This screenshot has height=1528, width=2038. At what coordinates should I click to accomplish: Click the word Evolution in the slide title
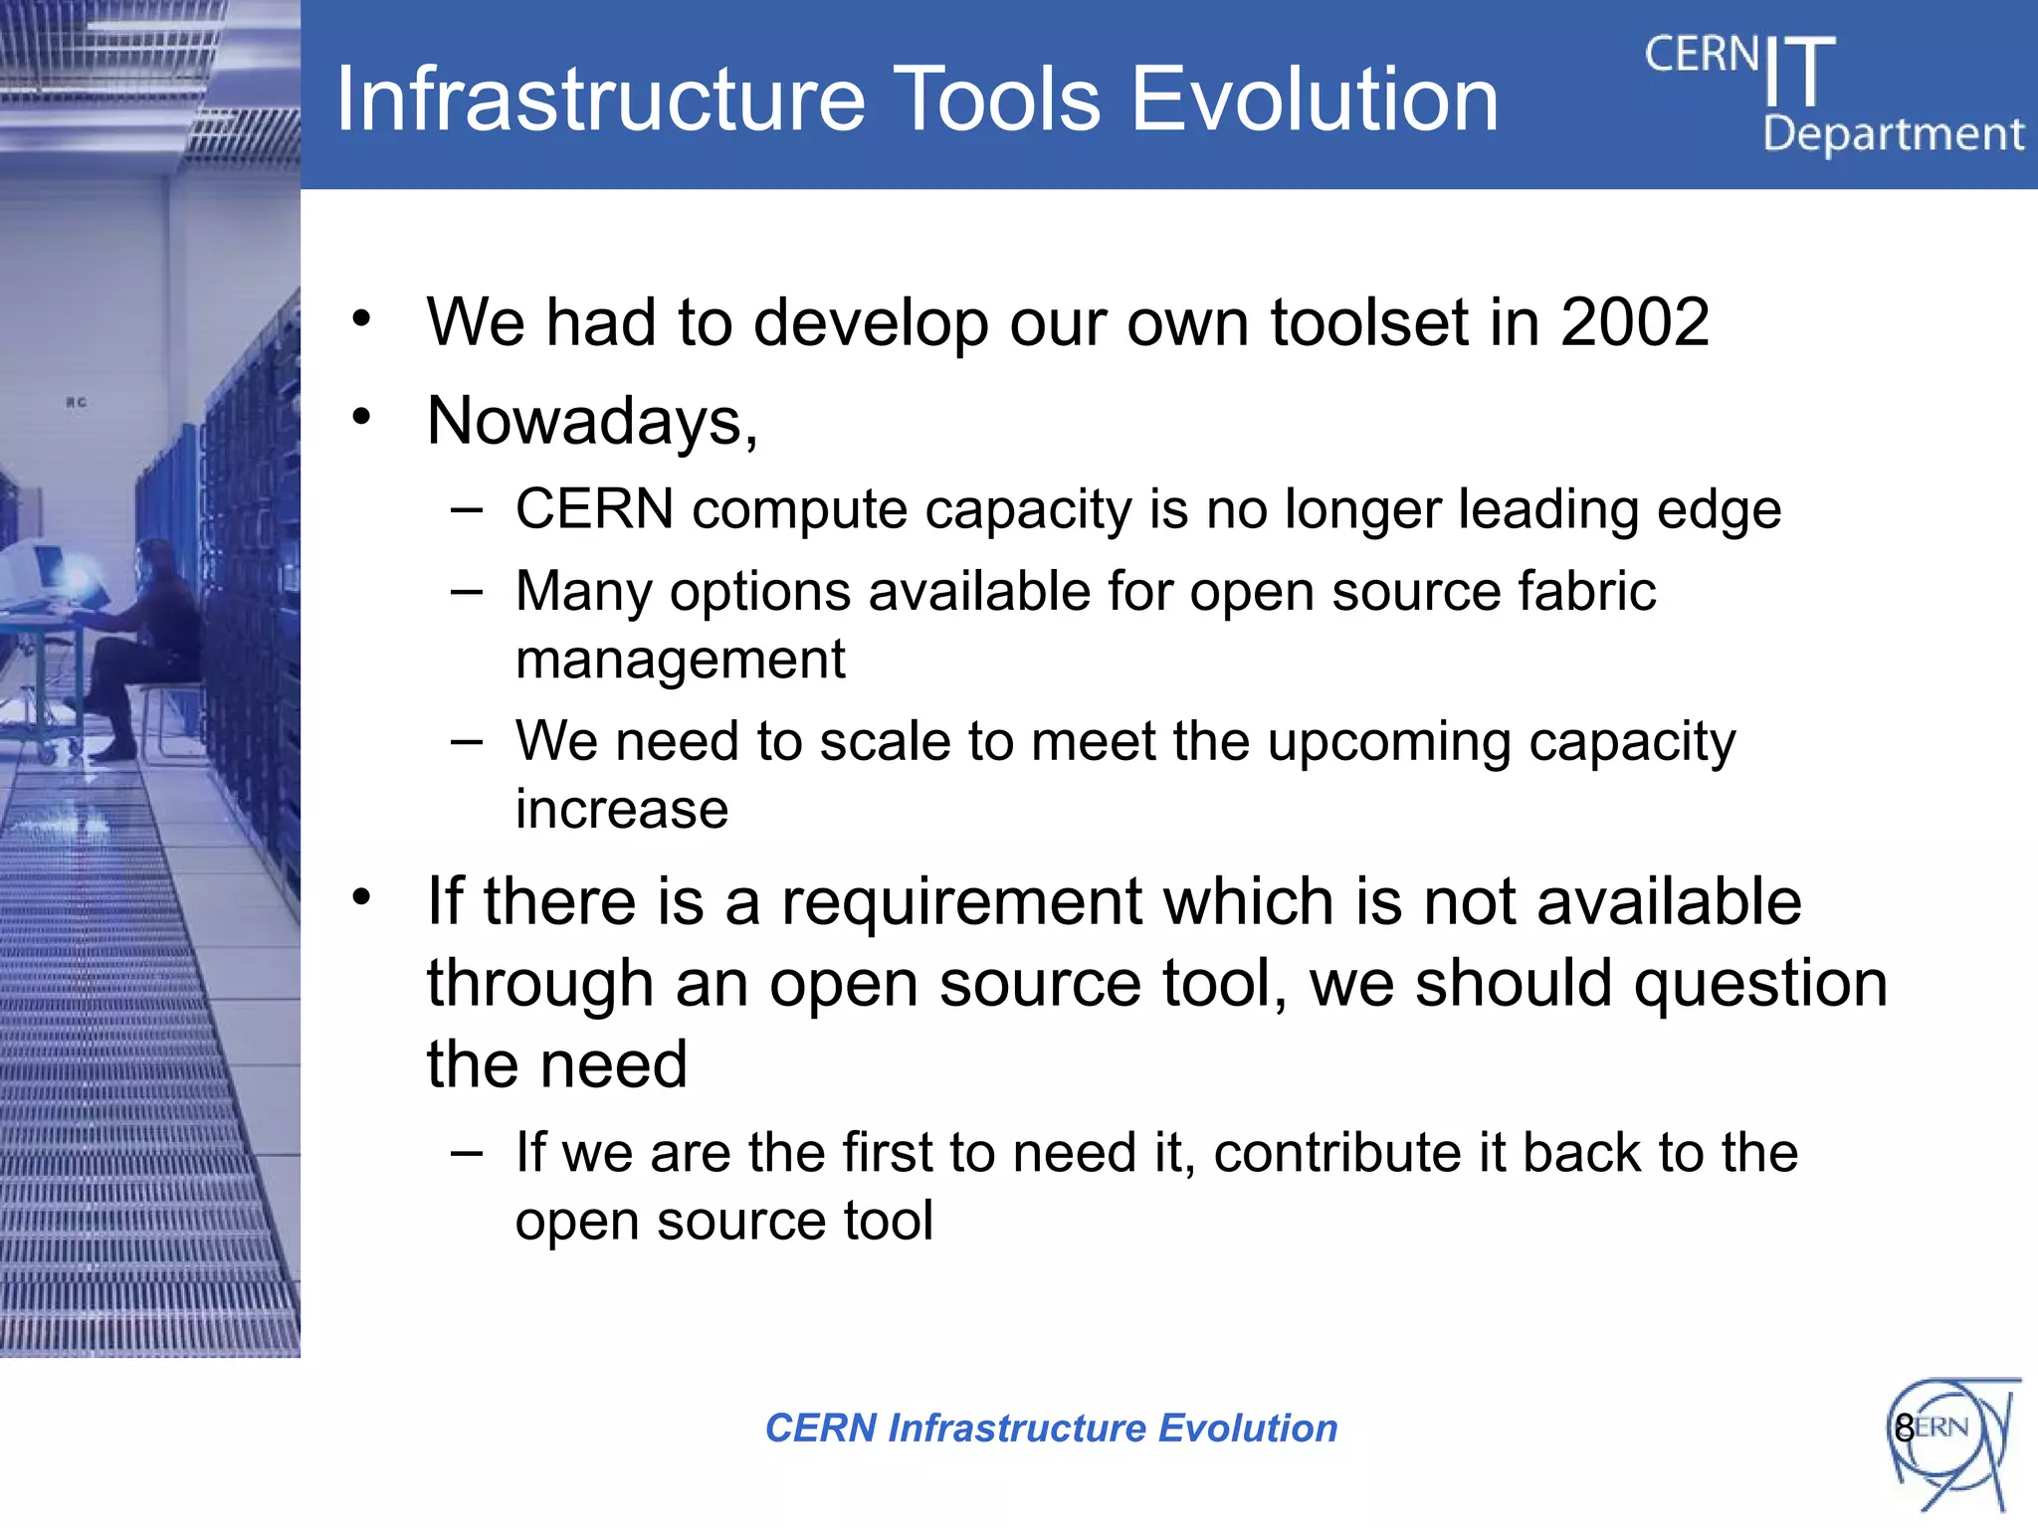1314,99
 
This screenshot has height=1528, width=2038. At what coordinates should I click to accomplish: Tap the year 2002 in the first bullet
1634,322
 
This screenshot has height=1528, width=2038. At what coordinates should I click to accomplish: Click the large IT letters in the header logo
1798,72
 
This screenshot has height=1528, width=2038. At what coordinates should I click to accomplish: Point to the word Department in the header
1893,134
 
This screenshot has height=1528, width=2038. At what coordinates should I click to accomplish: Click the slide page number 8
1904,1429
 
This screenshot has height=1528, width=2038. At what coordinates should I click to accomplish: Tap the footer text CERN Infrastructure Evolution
1051,1429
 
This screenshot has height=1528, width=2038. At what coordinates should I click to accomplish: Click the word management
680,660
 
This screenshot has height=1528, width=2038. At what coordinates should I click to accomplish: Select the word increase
622,809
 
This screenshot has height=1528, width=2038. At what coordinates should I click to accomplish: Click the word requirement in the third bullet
961,902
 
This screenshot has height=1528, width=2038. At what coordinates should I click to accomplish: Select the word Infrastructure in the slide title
600,99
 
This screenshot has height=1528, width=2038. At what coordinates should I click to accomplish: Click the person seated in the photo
149,637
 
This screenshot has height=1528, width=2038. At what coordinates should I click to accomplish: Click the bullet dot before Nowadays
361,417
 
